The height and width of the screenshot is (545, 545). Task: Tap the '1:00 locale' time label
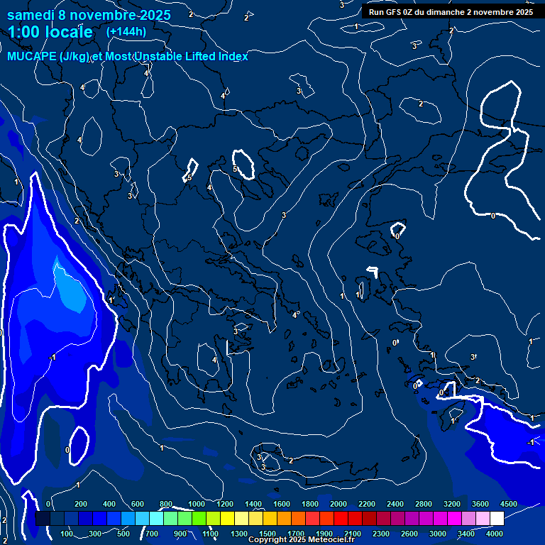pos(50,32)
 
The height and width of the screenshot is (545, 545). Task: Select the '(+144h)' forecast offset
pos(126,32)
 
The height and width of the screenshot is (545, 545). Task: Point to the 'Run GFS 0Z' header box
pos(451,11)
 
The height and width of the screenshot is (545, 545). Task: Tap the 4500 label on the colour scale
pos(508,504)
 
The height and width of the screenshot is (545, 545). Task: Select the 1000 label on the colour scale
pos(197,504)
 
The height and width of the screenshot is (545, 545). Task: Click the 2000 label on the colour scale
pos(338,504)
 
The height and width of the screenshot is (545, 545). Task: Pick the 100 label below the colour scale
pos(67,534)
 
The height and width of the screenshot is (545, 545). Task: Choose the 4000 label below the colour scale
pos(495,534)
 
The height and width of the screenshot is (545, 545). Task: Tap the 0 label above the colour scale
pos(48,504)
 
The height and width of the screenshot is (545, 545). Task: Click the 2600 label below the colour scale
pos(409,534)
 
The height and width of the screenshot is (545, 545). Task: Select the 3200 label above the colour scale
pos(452,504)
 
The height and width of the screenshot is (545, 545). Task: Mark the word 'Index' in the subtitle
pos(233,57)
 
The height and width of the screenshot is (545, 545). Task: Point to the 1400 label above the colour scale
pos(253,504)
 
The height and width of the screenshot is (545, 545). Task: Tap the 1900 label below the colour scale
pos(324,534)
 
